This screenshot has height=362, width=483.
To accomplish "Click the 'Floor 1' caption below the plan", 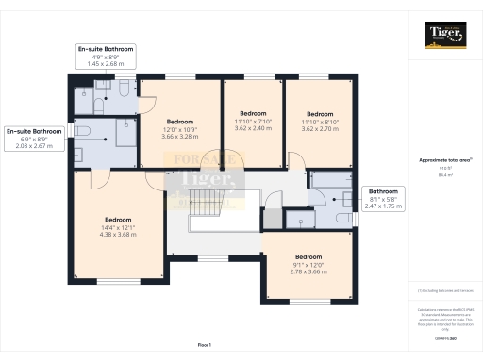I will (205, 346).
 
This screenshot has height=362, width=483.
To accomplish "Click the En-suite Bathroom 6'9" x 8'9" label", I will (34, 139).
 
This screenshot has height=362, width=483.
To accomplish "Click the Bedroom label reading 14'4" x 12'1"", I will (118, 226).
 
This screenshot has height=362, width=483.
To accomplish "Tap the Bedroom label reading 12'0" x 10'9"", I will (180, 129).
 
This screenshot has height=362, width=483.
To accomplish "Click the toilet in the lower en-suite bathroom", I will (82, 131).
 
